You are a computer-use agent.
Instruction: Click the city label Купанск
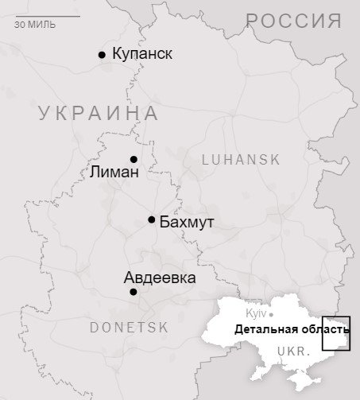(x=142, y=54)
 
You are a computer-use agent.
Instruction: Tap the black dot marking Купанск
(x=102, y=55)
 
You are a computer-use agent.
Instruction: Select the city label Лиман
(x=114, y=172)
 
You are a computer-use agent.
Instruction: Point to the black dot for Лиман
(x=134, y=159)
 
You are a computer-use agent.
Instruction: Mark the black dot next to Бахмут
(x=152, y=219)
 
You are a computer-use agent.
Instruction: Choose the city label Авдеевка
(x=160, y=278)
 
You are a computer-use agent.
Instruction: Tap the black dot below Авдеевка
(x=134, y=292)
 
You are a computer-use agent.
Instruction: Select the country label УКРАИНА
(x=99, y=113)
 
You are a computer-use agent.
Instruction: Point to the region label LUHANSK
(x=241, y=159)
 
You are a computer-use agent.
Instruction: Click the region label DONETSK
(x=129, y=327)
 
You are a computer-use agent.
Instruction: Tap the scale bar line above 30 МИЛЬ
(x=47, y=16)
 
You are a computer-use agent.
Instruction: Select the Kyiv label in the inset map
(x=256, y=314)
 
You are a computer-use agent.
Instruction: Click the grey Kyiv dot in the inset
(x=271, y=315)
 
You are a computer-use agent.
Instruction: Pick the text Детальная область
(x=291, y=329)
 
